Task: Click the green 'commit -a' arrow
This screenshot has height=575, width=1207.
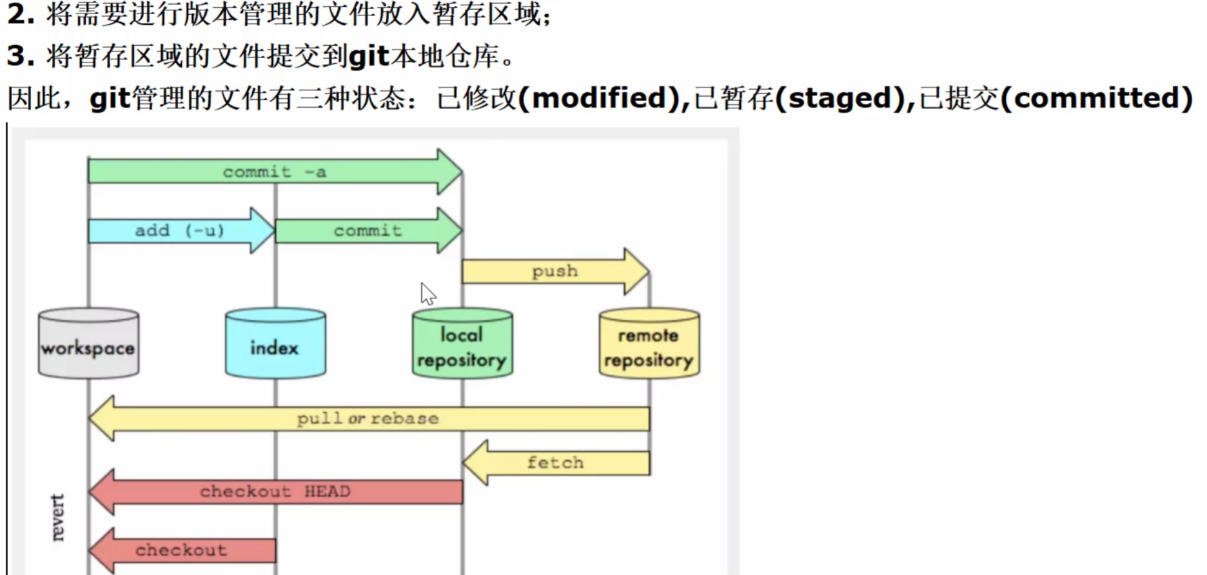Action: tap(274, 172)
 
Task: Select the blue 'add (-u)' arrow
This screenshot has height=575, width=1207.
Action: tap(179, 231)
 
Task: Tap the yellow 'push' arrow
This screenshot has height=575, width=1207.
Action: tap(554, 271)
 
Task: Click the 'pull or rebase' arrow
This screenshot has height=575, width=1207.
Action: tap(368, 419)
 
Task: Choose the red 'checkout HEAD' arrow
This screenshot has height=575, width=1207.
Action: tap(275, 492)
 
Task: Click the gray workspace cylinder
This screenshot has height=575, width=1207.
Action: tap(88, 344)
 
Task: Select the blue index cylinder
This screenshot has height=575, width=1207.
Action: tap(275, 344)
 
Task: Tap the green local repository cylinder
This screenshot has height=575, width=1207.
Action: tap(462, 344)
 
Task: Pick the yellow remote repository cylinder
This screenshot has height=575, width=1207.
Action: tap(649, 344)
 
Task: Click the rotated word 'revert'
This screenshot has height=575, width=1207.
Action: tap(58, 517)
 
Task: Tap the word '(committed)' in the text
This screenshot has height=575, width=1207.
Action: tap(1103, 98)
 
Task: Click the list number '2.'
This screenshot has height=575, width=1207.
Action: tap(21, 14)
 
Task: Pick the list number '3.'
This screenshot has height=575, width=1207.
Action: tap(21, 56)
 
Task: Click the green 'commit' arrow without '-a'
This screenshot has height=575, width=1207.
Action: tap(368, 231)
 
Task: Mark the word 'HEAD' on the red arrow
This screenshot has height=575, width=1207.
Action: tap(328, 492)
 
